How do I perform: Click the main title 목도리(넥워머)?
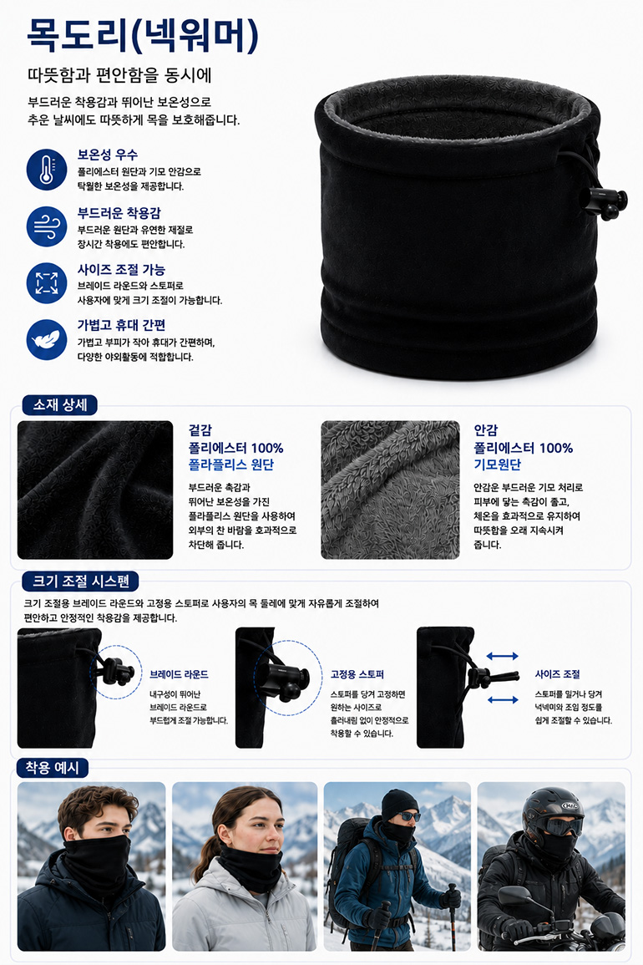[x=143, y=35]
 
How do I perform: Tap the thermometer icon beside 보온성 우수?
[x=47, y=170]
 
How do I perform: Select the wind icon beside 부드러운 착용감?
[x=47, y=226]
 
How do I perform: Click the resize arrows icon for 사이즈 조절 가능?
[x=47, y=283]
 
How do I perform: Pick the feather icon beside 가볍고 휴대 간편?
[x=47, y=340]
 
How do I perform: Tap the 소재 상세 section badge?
[x=59, y=405]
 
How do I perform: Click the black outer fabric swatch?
[x=95, y=490]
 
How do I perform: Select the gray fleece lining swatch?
[x=390, y=490]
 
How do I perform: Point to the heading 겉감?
[x=200, y=430]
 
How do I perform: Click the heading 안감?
[x=485, y=430]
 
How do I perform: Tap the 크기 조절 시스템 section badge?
[x=81, y=581]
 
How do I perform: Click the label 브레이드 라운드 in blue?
[x=179, y=674]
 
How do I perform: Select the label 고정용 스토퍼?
[x=357, y=674]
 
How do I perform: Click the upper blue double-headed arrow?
[x=503, y=657]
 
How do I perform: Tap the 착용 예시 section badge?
[x=53, y=768]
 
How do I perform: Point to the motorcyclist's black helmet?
[x=552, y=811]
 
